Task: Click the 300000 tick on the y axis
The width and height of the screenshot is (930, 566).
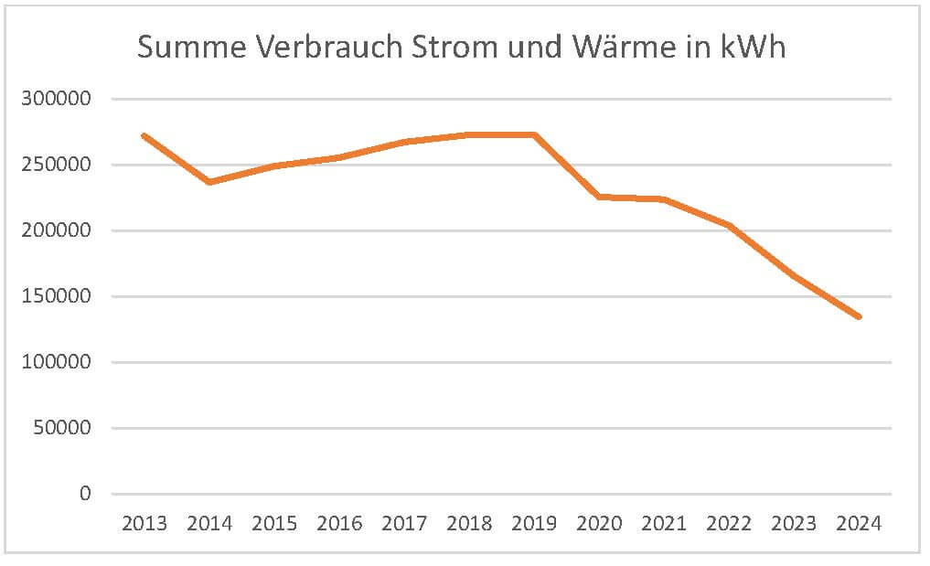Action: coord(57,99)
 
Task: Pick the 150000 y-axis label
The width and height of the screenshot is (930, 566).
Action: coord(57,296)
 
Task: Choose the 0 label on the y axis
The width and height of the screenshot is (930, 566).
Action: coord(86,494)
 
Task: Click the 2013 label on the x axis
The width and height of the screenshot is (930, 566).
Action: coord(144,524)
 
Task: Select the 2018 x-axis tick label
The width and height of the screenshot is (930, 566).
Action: coord(469,524)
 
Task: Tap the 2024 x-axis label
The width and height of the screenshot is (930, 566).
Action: coord(859,524)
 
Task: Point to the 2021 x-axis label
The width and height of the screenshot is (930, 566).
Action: coord(664,524)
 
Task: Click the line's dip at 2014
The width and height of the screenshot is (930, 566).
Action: coord(209,182)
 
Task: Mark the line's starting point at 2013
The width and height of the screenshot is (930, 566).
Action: coord(144,135)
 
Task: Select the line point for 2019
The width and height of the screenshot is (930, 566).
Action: coord(534,134)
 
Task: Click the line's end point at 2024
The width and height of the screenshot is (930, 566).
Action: coord(859,316)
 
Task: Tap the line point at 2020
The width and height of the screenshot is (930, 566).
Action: coord(599,197)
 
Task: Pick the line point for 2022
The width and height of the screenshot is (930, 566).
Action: coord(729,225)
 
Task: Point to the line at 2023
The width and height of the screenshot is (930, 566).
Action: coord(794,276)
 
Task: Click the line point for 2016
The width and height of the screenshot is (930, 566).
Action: coord(339,157)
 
